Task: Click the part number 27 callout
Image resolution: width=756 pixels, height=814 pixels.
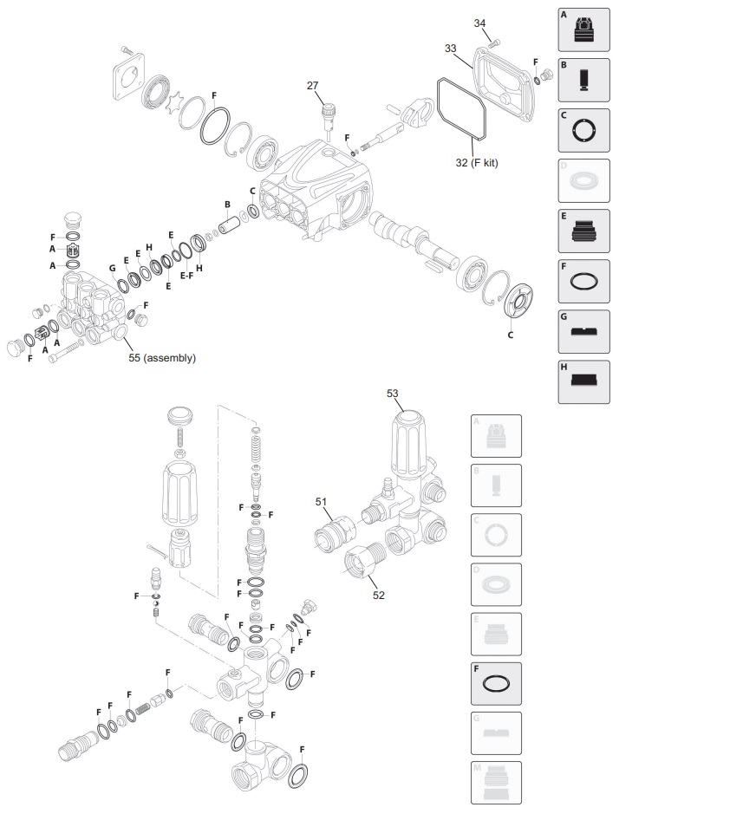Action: point(313,85)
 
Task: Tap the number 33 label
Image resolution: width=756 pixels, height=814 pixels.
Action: point(451,49)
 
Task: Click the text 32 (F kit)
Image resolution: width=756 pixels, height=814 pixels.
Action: point(478,162)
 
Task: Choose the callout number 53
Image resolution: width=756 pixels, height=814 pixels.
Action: point(393,394)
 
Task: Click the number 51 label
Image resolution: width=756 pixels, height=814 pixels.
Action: point(322,501)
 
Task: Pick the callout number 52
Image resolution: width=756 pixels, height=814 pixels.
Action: point(379,595)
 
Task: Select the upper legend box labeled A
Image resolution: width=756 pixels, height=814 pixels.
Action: point(583,29)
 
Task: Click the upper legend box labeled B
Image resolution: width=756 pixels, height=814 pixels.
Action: point(583,80)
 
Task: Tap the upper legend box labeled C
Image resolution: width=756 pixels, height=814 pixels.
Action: point(583,130)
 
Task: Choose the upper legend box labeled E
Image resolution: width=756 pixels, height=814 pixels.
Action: point(583,231)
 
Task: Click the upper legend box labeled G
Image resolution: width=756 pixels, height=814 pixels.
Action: point(583,331)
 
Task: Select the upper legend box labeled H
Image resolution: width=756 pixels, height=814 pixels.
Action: point(583,381)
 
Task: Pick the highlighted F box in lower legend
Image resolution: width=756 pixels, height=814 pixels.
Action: point(496,684)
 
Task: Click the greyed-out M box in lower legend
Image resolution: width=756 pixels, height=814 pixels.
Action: point(496,783)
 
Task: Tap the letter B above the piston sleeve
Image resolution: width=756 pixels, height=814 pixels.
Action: point(227,205)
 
